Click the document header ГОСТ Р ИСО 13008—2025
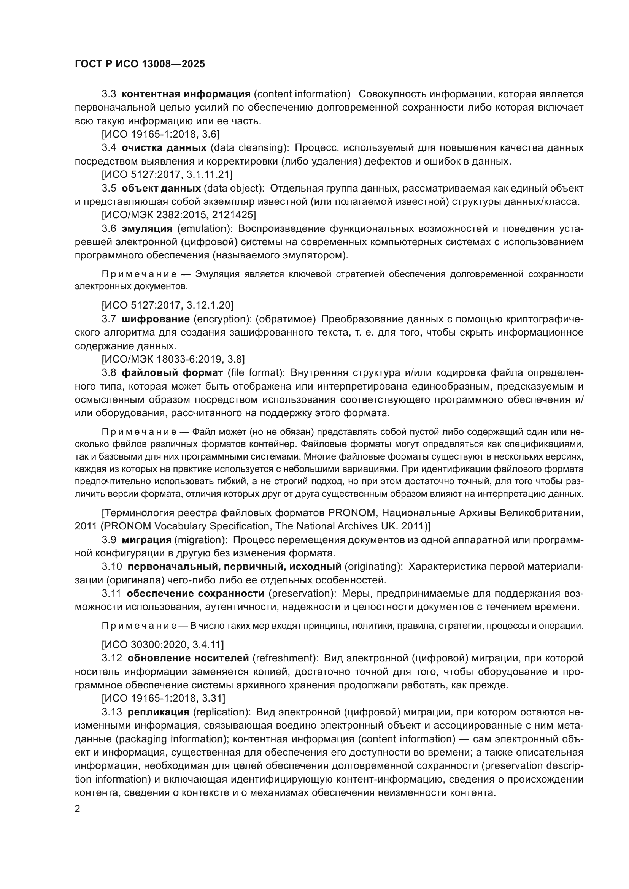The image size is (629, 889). coord(140,64)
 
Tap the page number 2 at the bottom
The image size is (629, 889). coord(78,809)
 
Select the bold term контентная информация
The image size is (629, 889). coord(186,94)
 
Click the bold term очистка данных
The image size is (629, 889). coord(164,147)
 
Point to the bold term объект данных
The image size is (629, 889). coord(161,188)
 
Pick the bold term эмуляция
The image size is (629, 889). coord(147,228)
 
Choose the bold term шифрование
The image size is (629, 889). coord(156,319)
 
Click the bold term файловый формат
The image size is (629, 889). coord(172,373)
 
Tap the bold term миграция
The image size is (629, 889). coord(147,540)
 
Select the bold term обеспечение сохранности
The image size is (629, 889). coord(195,594)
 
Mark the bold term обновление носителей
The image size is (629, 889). coord(188,658)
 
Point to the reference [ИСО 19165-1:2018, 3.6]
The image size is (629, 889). coord(160,134)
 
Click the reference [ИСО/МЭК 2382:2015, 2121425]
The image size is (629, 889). coord(179,214)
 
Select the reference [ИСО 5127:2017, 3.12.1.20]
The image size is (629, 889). coord(167,306)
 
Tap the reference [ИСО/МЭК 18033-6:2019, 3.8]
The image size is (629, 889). coord(173,359)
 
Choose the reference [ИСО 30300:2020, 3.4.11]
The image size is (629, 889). coord(163,645)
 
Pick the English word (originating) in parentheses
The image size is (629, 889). coord(373,566)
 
